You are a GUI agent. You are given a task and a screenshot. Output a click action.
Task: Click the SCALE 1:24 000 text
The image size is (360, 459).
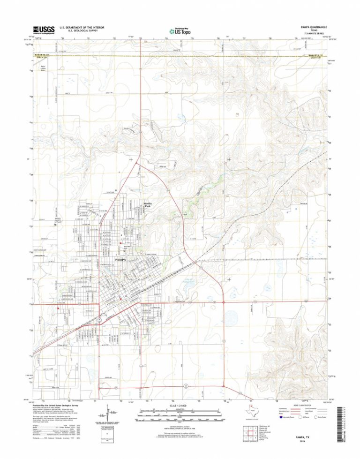click(180, 405)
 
